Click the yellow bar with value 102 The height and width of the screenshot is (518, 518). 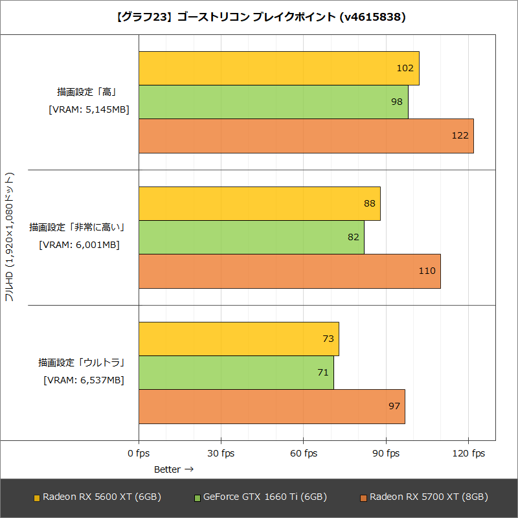[x=278, y=68]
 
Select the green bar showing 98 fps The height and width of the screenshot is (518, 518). [x=273, y=102]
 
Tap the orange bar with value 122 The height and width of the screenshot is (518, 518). [x=306, y=136]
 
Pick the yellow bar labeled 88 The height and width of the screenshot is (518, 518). [x=259, y=203]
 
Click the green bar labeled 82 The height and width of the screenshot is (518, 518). [x=251, y=237]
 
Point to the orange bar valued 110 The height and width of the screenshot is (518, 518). [x=289, y=271]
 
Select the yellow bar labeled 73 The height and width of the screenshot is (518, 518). [x=238, y=339]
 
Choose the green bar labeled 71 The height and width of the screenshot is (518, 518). [x=236, y=372]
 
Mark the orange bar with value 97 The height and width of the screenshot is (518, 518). [x=271, y=407]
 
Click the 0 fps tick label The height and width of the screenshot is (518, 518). [x=139, y=453]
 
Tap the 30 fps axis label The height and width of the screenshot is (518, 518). [x=221, y=453]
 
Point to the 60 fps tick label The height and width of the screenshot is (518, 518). [x=303, y=453]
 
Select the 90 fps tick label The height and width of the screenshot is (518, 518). [x=385, y=453]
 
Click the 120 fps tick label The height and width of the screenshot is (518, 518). [x=468, y=453]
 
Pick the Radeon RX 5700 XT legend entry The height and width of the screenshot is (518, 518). [x=424, y=497]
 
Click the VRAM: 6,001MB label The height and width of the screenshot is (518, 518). [x=79, y=245]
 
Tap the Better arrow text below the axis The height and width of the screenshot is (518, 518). [x=174, y=469]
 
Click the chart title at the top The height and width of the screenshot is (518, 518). [x=259, y=17]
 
